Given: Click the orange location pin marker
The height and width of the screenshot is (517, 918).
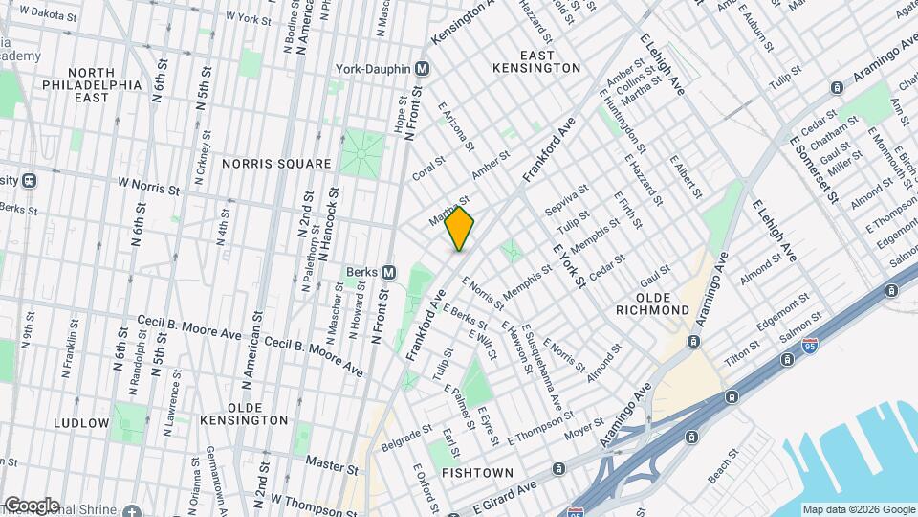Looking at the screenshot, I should [459, 228].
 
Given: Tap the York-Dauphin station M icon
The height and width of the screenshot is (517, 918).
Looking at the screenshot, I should [423, 69].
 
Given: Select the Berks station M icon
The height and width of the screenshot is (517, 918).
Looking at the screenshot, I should [389, 272].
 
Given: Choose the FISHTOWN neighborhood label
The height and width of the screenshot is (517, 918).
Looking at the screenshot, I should [477, 473].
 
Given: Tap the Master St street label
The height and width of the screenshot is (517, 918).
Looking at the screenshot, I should [331, 464].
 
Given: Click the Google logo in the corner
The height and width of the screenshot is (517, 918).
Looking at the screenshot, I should [31, 505].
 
